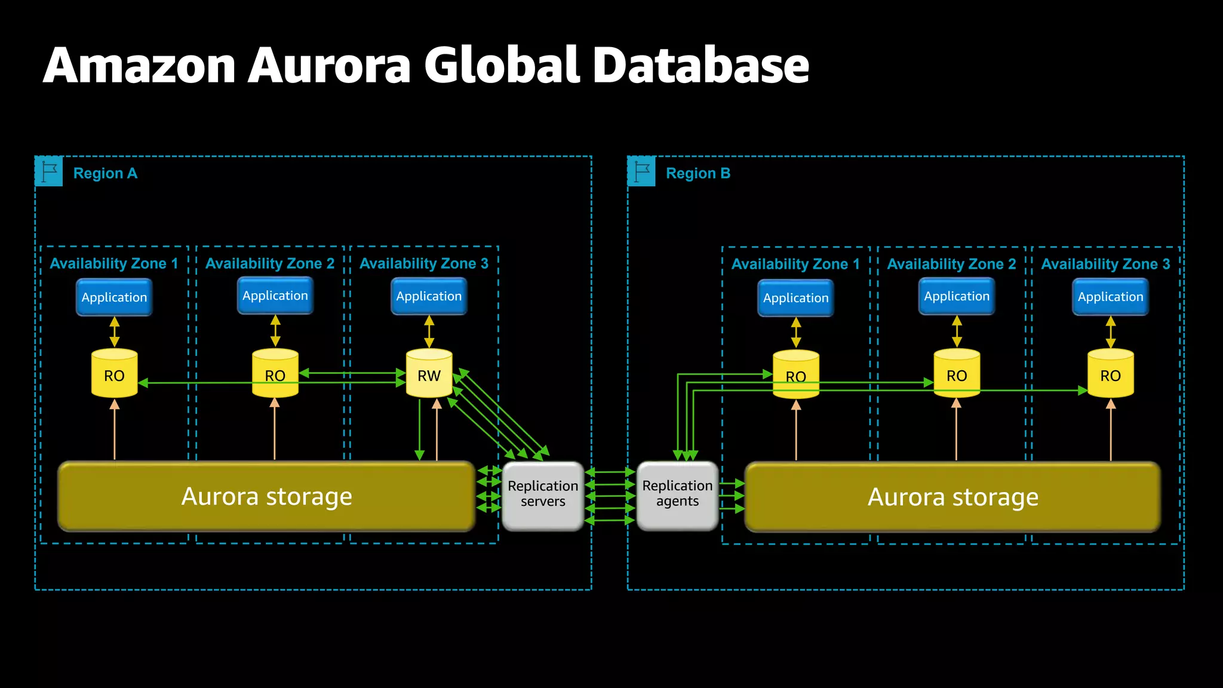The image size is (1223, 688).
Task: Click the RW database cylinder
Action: pyautogui.click(x=429, y=374)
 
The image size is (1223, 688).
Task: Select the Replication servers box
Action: pyautogui.click(x=542, y=494)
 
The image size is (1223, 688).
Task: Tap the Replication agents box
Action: pyautogui.click(x=677, y=494)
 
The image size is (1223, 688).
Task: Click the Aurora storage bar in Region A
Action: pyautogui.click(x=266, y=496)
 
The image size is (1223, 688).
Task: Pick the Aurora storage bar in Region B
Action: pyautogui.click(x=952, y=497)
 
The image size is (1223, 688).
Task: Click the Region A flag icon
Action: pyautogui.click(x=49, y=172)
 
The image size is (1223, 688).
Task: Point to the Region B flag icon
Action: pyautogui.click(x=642, y=172)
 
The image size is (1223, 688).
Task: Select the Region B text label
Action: pyautogui.click(x=697, y=174)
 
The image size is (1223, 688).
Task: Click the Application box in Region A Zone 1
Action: pyautogui.click(x=114, y=297)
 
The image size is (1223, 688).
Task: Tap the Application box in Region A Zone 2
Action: pyautogui.click(x=275, y=296)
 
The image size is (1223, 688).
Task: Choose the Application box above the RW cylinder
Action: pyautogui.click(x=429, y=296)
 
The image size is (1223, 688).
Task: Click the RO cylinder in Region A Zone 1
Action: pyautogui.click(x=114, y=374)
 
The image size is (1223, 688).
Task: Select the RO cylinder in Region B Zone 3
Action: pyautogui.click(x=1110, y=374)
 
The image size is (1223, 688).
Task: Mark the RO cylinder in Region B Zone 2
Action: pyautogui.click(x=956, y=374)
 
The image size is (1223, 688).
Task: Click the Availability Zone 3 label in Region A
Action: pyautogui.click(x=424, y=263)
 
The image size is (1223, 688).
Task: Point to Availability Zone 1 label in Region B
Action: pyautogui.click(x=795, y=264)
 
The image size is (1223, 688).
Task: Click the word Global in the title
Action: pyautogui.click(x=502, y=66)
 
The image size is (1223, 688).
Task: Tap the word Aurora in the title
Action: pyautogui.click(x=330, y=66)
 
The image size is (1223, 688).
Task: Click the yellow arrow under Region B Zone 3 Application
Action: pyautogui.click(x=1110, y=332)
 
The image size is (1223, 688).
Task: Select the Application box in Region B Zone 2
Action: pyautogui.click(x=956, y=296)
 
